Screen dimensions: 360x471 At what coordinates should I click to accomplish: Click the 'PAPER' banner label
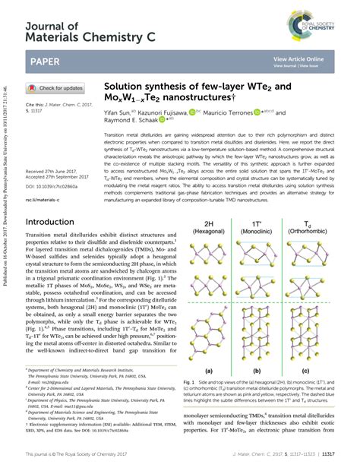point(46,61)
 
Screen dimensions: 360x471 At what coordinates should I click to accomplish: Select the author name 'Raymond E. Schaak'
point(132,120)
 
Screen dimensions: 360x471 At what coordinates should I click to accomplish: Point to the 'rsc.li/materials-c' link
point(45,200)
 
